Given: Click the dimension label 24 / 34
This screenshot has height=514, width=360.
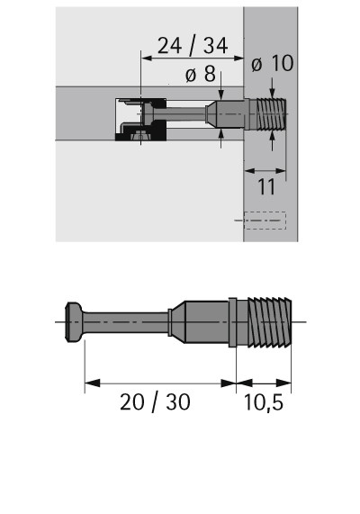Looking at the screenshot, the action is click(x=193, y=46).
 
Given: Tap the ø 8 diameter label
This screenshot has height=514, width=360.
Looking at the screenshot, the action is click(x=201, y=74).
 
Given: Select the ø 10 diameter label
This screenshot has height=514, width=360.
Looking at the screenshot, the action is click(x=273, y=63).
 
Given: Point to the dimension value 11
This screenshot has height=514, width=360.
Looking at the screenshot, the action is click(x=266, y=187).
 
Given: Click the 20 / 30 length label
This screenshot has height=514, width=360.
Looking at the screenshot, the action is click(x=155, y=401).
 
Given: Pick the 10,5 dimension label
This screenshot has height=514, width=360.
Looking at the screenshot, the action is click(x=264, y=402).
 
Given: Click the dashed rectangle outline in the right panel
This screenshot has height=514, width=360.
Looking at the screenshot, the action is click(x=265, y=221).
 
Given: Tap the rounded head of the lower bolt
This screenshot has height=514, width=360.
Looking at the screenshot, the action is click(x=74, y=322).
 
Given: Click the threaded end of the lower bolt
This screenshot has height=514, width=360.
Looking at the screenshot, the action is click(x=269, y=322).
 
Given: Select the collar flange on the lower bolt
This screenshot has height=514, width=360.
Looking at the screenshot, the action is click(x=232, y=322).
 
